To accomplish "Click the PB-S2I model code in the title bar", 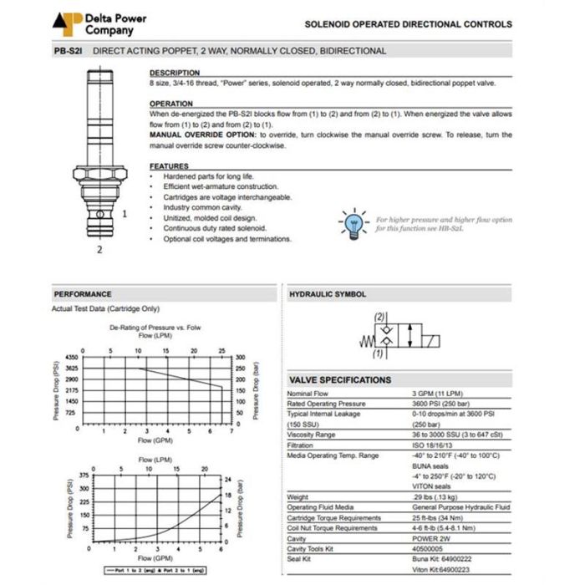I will (x=68, y=51).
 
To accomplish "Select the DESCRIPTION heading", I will (x=174, y=74).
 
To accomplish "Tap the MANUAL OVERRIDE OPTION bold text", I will (x=203, y=134).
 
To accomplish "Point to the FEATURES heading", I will (x=168, y=166).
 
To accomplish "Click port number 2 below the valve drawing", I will (x=100, y=248).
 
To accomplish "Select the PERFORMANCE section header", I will (x=83, y=294).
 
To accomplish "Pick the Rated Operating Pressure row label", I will (x=326, y=404).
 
